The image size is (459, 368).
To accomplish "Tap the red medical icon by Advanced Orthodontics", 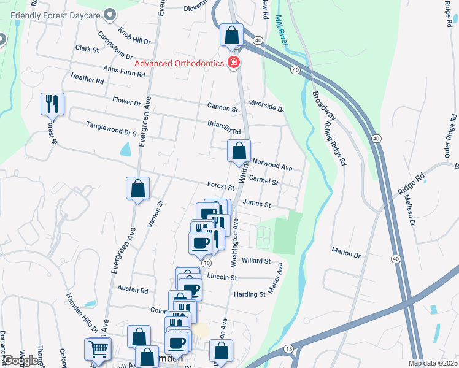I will pos(233,63).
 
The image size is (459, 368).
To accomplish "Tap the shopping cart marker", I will pos(98,350).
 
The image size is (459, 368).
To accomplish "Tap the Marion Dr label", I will pos(345,253).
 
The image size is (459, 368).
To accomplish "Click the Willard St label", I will pos(256,261).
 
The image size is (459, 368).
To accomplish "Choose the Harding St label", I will pos(250,294).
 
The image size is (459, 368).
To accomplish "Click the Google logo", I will pos(20,361).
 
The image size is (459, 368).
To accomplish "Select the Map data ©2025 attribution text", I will pos(433,363).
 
